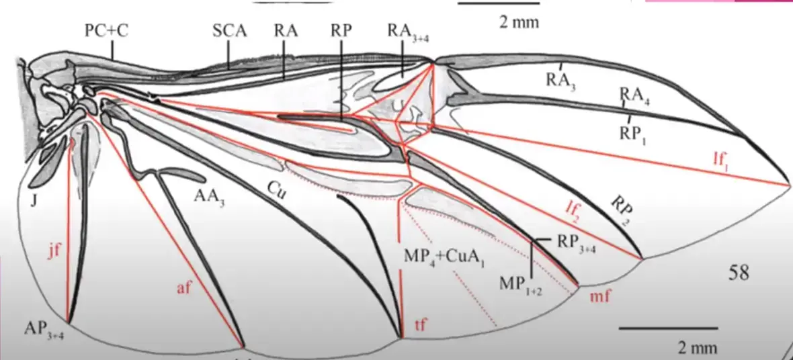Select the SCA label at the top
(228, 31)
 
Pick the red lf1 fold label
(722, 161)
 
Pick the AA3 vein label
(208, 196)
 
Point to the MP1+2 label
(516, 283)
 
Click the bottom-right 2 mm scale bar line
(668, 328)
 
